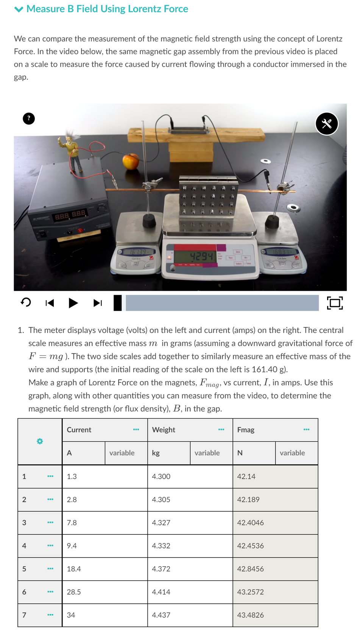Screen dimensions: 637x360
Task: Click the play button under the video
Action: click(73, 303)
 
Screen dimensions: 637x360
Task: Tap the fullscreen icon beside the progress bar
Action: click(335, 303)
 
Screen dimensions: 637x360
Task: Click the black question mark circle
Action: click(29, 119)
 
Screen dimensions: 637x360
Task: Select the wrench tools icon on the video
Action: click(327, 124)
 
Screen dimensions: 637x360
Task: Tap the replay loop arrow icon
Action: click(26, 302)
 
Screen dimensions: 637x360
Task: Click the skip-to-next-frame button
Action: click(98, 303)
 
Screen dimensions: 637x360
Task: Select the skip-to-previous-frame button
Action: click(50, 303)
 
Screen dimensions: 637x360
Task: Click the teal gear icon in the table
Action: click(40, 441)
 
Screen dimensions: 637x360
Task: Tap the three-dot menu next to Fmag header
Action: click(306, 430)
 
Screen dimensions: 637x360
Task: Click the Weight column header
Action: click(164, 430)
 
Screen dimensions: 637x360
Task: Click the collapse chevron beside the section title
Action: click(19, 9)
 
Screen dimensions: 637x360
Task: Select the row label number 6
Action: click(24, 592)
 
